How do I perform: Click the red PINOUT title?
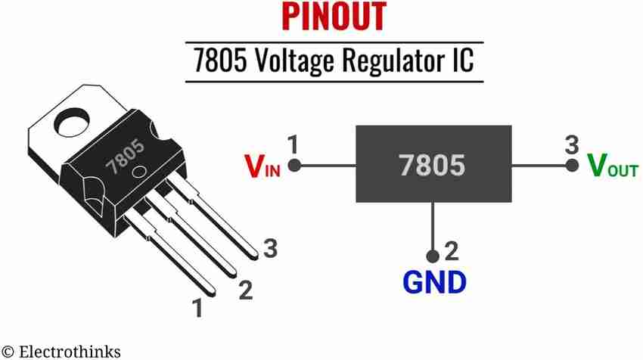[334, 17]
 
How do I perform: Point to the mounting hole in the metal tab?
[73, 121]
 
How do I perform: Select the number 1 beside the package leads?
[197, 309]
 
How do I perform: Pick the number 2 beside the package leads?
[245, 289]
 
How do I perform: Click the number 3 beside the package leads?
[270, 247]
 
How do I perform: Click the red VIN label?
[261, 166]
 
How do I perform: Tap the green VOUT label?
[613, 166]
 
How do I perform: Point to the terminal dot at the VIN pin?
[296, 164]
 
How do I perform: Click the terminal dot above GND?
[433, 255]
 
